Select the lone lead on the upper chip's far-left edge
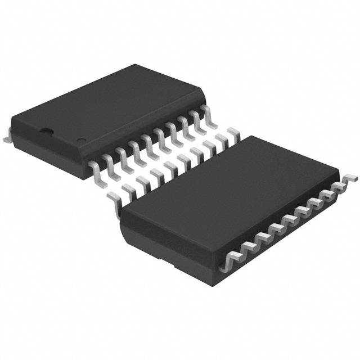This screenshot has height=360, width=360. tap(7, 135)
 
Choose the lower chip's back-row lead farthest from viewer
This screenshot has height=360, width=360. tap(231, 133)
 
